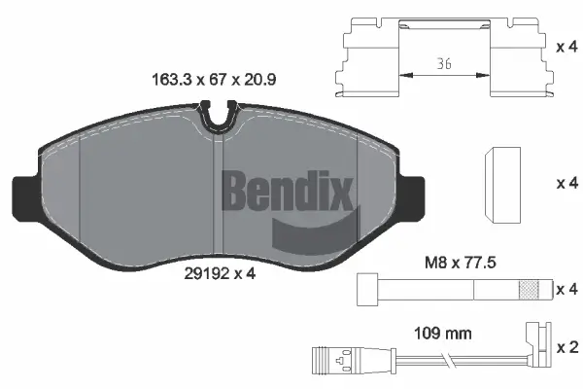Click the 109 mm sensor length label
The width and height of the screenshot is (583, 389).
tap(442, 333)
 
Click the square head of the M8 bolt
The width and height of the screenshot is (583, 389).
tap(368, 289)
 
